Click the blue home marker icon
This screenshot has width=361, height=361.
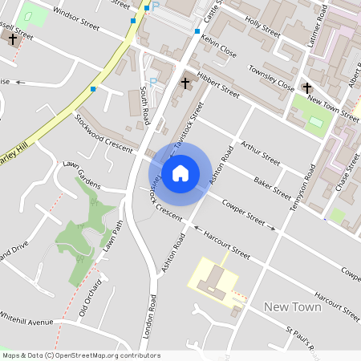[x=180, y=172]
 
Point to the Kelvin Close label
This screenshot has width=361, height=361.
[x=218, y=45]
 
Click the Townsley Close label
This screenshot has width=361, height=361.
[x=271, y=77]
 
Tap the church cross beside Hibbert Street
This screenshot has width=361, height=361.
[x=185, y=83]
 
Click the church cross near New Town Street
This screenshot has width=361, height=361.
[x=307, y=87]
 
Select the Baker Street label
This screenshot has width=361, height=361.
[x=270, y=187]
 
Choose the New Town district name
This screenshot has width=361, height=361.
[x=292, y=307]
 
